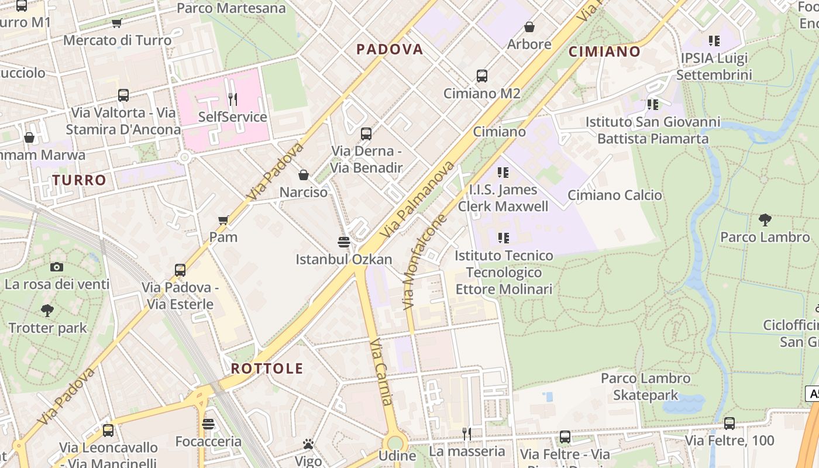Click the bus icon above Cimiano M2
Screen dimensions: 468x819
[x=481, y=76]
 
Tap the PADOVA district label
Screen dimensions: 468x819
[x=390, y=49]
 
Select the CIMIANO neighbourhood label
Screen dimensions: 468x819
[x=604, y=51]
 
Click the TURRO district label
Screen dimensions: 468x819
[x=79, y=180]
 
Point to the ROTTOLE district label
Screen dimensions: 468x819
[x=267, y=369]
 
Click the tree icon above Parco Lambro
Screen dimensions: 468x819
[x=765, y=220]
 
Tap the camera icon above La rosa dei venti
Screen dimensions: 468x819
[x=57, y=267]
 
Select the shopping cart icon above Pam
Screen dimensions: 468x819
[x=223, y=220]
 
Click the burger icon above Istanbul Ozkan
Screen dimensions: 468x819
[x=344, y=242]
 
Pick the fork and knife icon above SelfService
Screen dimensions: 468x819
[x=233, y=99]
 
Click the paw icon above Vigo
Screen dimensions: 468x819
[x=308, y=443]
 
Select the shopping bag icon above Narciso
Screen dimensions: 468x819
[x=304, y=175]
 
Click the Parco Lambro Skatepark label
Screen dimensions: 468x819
[x=646, y=387]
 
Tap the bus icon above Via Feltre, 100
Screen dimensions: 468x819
[x=729, y=423]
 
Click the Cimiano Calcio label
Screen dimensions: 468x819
[x=615, y=195]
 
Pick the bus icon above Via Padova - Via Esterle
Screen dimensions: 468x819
[x=180, y=270]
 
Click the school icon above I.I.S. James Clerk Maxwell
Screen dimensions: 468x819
[x=503, y=173]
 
